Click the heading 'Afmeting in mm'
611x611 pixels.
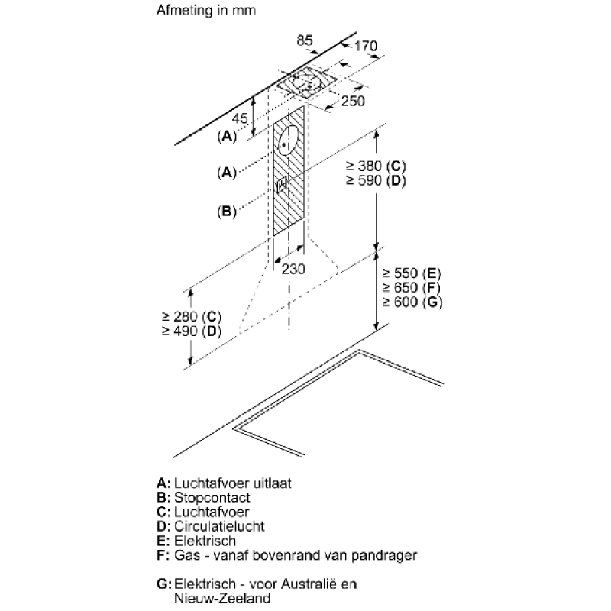tap(205, 10)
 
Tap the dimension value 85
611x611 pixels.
tap(304, 40)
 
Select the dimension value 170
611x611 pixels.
tap(366, 46)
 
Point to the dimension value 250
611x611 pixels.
tap(353, 101)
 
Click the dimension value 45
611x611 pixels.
tap(240, 118)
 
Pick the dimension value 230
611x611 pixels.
tap(293, 269)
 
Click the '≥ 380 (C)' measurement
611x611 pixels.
tap(376, 166)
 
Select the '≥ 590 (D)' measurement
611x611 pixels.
tap(376, 180)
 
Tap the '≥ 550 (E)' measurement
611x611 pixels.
tap(412, 273)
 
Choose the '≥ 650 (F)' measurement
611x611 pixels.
tap(411, 288)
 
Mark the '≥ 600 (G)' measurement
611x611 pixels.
tap(412, 302)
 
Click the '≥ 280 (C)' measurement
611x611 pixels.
tap(192, 316)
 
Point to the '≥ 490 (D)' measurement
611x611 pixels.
tap(192, 331)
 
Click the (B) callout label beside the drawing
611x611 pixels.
tap(227, 212)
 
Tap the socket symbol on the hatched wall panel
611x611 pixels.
tap(282, 184)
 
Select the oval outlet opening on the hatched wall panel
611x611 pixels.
tap(289, 141)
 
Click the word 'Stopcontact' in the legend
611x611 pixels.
tap(212, 498)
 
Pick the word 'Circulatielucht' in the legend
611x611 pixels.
tap(219, 526)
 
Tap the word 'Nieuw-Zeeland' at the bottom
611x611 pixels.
tap(222, 598)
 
